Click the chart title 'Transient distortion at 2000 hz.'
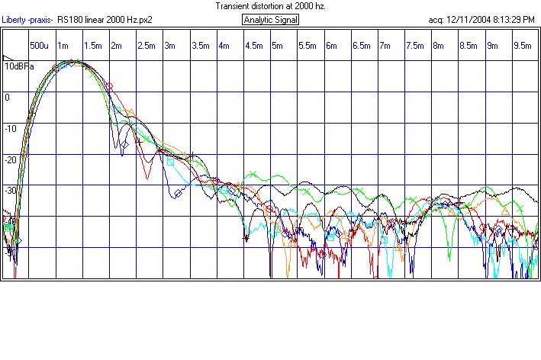click(x=270, y=5)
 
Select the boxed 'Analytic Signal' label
click(x=270, y=20)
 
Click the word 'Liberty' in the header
click(x=13, y=20)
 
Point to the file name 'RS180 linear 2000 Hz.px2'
click(x=105, y=20)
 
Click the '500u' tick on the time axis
click(x=40, y=46)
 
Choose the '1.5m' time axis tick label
click(x=93, y=46)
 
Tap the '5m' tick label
click(x=276, y=46)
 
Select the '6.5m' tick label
click(x=361, y=46)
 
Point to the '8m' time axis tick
click(x=438, y=46)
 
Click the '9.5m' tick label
click(x=522, y=46)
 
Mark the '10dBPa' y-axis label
click(x=19, y=66)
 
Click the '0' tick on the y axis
click(x=7, y=97)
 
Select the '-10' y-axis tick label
click(x=10, y=128)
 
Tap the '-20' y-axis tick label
click(x=10, y=159)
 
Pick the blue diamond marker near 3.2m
click(x=177, y=194)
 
